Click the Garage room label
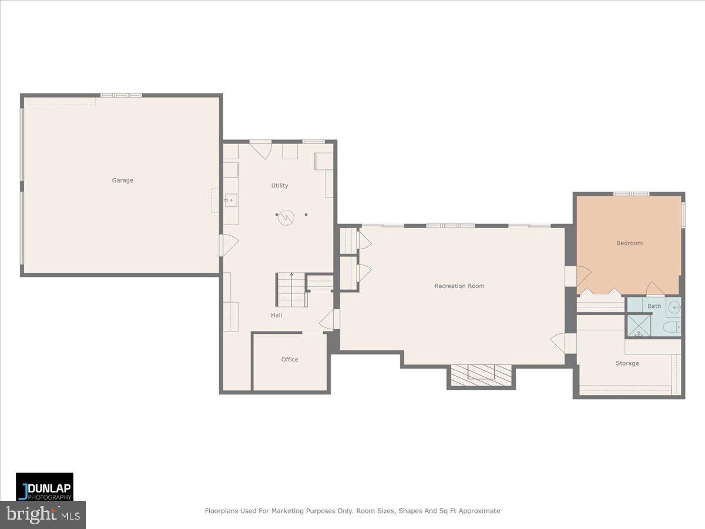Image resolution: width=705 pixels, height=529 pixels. (122, 180)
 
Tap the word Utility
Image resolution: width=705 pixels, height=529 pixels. (280, 186)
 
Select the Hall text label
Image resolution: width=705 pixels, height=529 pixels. (276, 316)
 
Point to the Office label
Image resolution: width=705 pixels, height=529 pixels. (290, 360)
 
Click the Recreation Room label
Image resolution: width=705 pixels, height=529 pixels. (459, 286)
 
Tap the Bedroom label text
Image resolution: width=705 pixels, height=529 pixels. (629, 243)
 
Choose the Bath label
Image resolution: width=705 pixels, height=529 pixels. (654, 306)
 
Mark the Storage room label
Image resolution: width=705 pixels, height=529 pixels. (627, 363)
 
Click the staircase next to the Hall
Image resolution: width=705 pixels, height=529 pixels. (291, 290)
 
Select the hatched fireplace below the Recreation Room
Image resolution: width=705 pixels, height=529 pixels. (481, 375)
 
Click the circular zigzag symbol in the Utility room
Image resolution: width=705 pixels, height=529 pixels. (286, 216)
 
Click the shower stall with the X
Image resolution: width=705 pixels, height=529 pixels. (639, 325)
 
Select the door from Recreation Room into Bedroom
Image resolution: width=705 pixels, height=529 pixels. (579, 276)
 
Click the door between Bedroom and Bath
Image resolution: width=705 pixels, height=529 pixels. (655, 289)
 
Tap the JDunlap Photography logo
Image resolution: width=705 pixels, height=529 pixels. (45, 486)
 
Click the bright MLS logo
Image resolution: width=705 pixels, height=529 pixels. (43, 515)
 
